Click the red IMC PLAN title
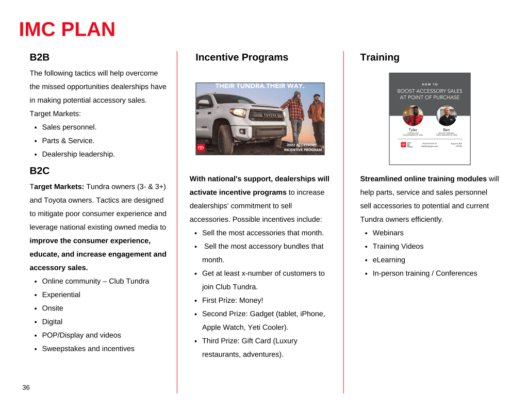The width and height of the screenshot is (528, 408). (x=67, y=29)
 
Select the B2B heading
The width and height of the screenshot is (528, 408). (x=40, y=57)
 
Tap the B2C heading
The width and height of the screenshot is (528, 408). (x=40, y=171)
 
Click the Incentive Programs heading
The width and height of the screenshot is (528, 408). (x=242, y=57)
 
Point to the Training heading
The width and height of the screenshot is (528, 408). (x=379, y=57)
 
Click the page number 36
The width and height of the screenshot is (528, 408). (x=26, y=387)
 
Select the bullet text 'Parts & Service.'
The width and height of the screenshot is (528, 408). (x=68, y=141)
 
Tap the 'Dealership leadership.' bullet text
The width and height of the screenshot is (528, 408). (x=78, y=154)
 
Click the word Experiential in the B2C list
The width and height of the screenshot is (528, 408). (x=61, y=295)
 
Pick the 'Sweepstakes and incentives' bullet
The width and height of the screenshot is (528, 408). (x=88, y=349)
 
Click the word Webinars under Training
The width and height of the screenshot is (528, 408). (x=388, y=233)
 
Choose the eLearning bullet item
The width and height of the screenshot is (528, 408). (x=389, y=260)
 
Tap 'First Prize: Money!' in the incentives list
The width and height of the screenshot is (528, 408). (x=233, y=300)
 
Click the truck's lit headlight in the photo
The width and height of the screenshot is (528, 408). (x=238, y=112)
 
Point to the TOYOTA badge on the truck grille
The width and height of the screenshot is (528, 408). (x=270, y=115)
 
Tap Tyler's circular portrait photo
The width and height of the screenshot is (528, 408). (x=412, y=116)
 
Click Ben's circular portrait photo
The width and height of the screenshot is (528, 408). (x=446, y=116)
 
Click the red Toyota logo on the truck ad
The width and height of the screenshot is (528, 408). (x=201, y=148)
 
